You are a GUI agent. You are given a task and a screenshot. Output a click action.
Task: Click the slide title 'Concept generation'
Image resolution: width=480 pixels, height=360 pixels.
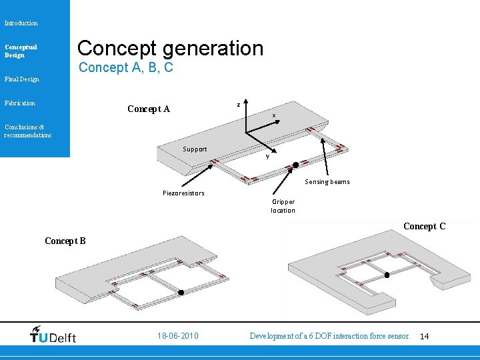(x=170, y=48)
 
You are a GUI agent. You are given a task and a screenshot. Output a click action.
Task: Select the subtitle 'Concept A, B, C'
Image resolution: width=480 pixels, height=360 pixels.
(x=126, y=67)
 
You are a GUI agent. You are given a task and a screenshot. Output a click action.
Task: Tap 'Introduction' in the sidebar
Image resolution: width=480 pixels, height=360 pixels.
(x=21, y=23)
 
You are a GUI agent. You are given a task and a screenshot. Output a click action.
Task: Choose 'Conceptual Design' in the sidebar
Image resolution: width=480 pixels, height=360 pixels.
(x=21, y=51)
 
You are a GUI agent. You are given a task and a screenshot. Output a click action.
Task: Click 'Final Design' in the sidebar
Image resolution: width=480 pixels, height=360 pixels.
(x=21, y=79)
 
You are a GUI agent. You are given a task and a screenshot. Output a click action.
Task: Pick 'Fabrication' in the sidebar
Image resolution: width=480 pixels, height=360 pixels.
(x=20, y=103)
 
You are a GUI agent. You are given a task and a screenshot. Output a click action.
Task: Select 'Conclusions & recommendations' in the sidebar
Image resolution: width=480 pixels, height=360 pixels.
(x=27, y=131)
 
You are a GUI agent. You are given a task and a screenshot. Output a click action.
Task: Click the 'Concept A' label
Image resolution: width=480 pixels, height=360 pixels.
(x=149, y=109)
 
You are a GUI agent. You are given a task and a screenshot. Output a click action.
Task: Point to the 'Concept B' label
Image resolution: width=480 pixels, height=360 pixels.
(x=65, y=241)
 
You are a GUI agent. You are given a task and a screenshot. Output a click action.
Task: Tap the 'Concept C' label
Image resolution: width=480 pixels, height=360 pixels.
(x=424, y=227)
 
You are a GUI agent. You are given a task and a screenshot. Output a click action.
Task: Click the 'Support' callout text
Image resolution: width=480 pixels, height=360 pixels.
(x=195, y=149)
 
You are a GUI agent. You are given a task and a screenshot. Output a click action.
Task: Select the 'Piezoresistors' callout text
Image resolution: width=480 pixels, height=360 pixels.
(x=183, y=193)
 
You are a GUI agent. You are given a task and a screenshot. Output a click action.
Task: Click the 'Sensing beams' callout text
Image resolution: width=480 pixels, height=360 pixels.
(x=327, y=182)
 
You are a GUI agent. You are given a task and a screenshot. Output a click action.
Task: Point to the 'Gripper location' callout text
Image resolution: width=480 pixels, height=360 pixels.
(x=283, y=206)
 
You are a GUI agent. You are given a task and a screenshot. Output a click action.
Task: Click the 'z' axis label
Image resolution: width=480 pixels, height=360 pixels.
(x=238, y=104)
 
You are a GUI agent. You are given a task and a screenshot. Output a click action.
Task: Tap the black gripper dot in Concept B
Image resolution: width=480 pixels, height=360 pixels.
(x=180, y=292)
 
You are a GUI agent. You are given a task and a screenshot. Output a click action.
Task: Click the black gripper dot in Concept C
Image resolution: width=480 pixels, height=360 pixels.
(x=387, y=275)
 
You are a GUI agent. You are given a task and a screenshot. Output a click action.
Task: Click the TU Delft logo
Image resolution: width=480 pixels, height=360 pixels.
(x=53, y=335)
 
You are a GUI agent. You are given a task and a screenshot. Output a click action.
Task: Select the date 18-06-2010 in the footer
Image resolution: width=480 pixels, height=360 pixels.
(x=178, y=336)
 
